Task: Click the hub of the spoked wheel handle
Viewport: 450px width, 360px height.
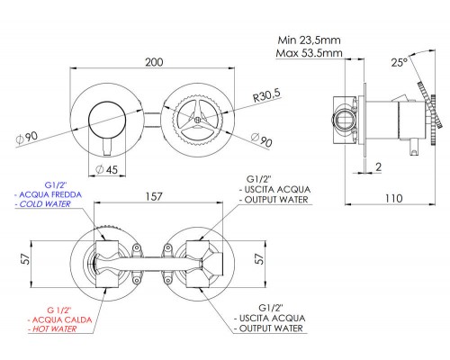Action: tap(202, 115)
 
